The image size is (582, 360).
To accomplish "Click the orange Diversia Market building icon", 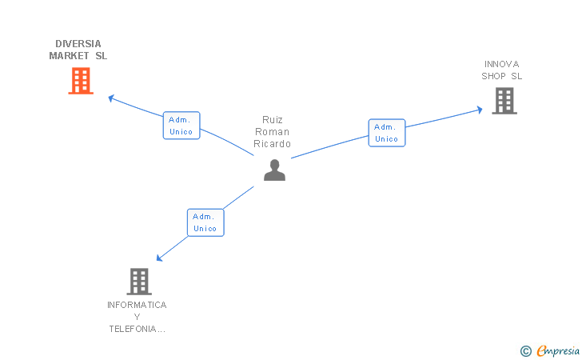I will point(81,81).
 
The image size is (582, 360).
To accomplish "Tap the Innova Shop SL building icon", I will point(504,101).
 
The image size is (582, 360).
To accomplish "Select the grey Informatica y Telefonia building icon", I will point(139,281).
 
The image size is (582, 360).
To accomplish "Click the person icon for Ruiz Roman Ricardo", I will point(274,170).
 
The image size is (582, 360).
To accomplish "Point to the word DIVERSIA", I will point(78,44).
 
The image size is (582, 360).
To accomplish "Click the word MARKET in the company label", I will point(68,56).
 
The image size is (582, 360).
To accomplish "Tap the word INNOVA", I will point(501,64).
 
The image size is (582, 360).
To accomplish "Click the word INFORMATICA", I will point(137,305).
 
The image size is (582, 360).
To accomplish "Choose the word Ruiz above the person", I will point(273,119).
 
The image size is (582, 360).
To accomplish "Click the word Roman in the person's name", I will point(273,132).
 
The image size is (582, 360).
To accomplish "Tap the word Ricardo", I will point(273,144).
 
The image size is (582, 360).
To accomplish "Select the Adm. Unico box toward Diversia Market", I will point(181,126).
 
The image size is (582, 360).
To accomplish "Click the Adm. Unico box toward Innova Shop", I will point(387,133).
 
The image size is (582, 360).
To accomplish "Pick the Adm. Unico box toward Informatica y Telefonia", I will point(205,222).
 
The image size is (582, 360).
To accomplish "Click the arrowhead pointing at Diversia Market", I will point(111,98).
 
